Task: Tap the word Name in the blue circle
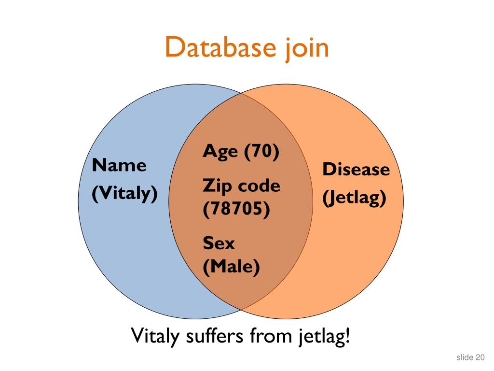[x=119, y=166]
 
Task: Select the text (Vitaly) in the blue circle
[x=125, y=194]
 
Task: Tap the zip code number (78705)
[x=236, y=211]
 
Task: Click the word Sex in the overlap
[x=219, y=243]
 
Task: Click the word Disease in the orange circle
[x=356, y=170]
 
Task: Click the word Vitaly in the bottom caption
[x=156, y=336]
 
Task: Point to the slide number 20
[x=480, y=357]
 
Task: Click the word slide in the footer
[x=465, y=357]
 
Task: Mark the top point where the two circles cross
[x=241, y=93]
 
